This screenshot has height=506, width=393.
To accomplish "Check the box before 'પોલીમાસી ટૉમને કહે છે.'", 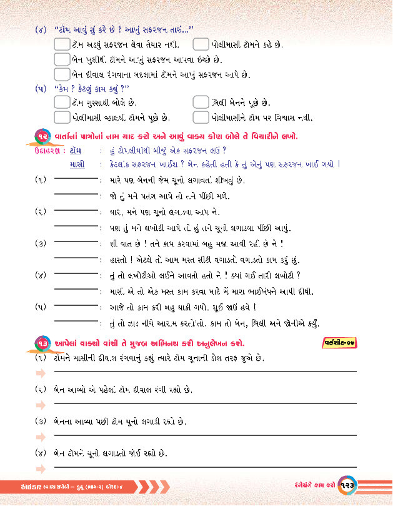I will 200,45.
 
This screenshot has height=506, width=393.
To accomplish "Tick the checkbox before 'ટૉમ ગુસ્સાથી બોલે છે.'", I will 61,102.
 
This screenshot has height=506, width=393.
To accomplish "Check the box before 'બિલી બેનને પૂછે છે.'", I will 200,102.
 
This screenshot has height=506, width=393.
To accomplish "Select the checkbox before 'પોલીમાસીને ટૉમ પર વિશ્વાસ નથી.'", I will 200,117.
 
